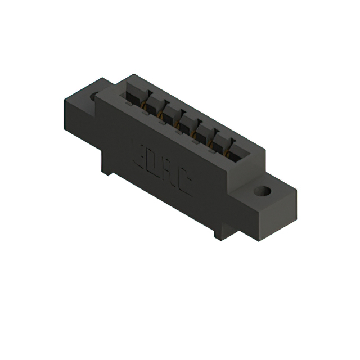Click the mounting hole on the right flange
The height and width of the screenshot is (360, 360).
pyautogui.click(x=262, y=191)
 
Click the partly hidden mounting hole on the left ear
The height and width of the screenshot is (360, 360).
pyautogui.click(x=94, y=96)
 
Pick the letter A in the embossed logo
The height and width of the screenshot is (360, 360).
pyautogui.click(x=169, y=172)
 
